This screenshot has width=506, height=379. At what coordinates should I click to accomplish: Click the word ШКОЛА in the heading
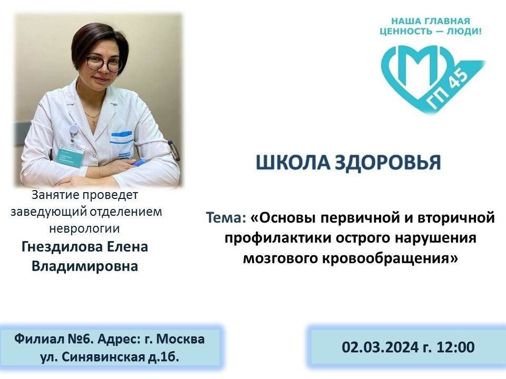pos(293,163)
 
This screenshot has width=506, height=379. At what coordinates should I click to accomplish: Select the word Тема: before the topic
pos(226,217)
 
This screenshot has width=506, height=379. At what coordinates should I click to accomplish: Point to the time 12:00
pos(455,347)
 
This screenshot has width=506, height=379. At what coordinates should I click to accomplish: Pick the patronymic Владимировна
pos(85,266)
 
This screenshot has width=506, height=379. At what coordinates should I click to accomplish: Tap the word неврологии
pos(84,228)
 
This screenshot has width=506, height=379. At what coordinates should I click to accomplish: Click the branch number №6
pos(80,339)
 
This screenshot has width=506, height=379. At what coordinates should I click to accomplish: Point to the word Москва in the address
pos(182,339)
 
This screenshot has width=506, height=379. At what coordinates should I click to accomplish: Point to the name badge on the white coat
pos(72,155)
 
